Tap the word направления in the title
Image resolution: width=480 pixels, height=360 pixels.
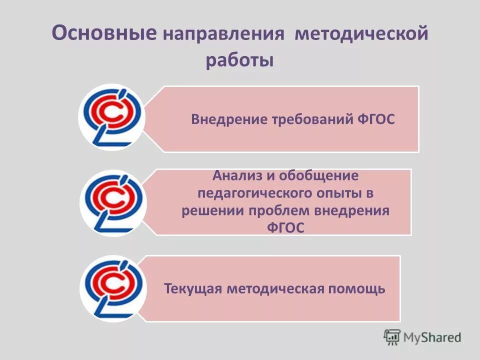223,36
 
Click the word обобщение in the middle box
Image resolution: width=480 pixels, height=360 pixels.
319,176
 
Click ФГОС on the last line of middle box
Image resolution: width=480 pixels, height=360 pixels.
285,227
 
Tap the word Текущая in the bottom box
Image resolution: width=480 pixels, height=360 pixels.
192,289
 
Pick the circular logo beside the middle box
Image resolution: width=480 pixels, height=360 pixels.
113,203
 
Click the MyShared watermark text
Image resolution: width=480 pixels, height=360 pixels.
433,337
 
